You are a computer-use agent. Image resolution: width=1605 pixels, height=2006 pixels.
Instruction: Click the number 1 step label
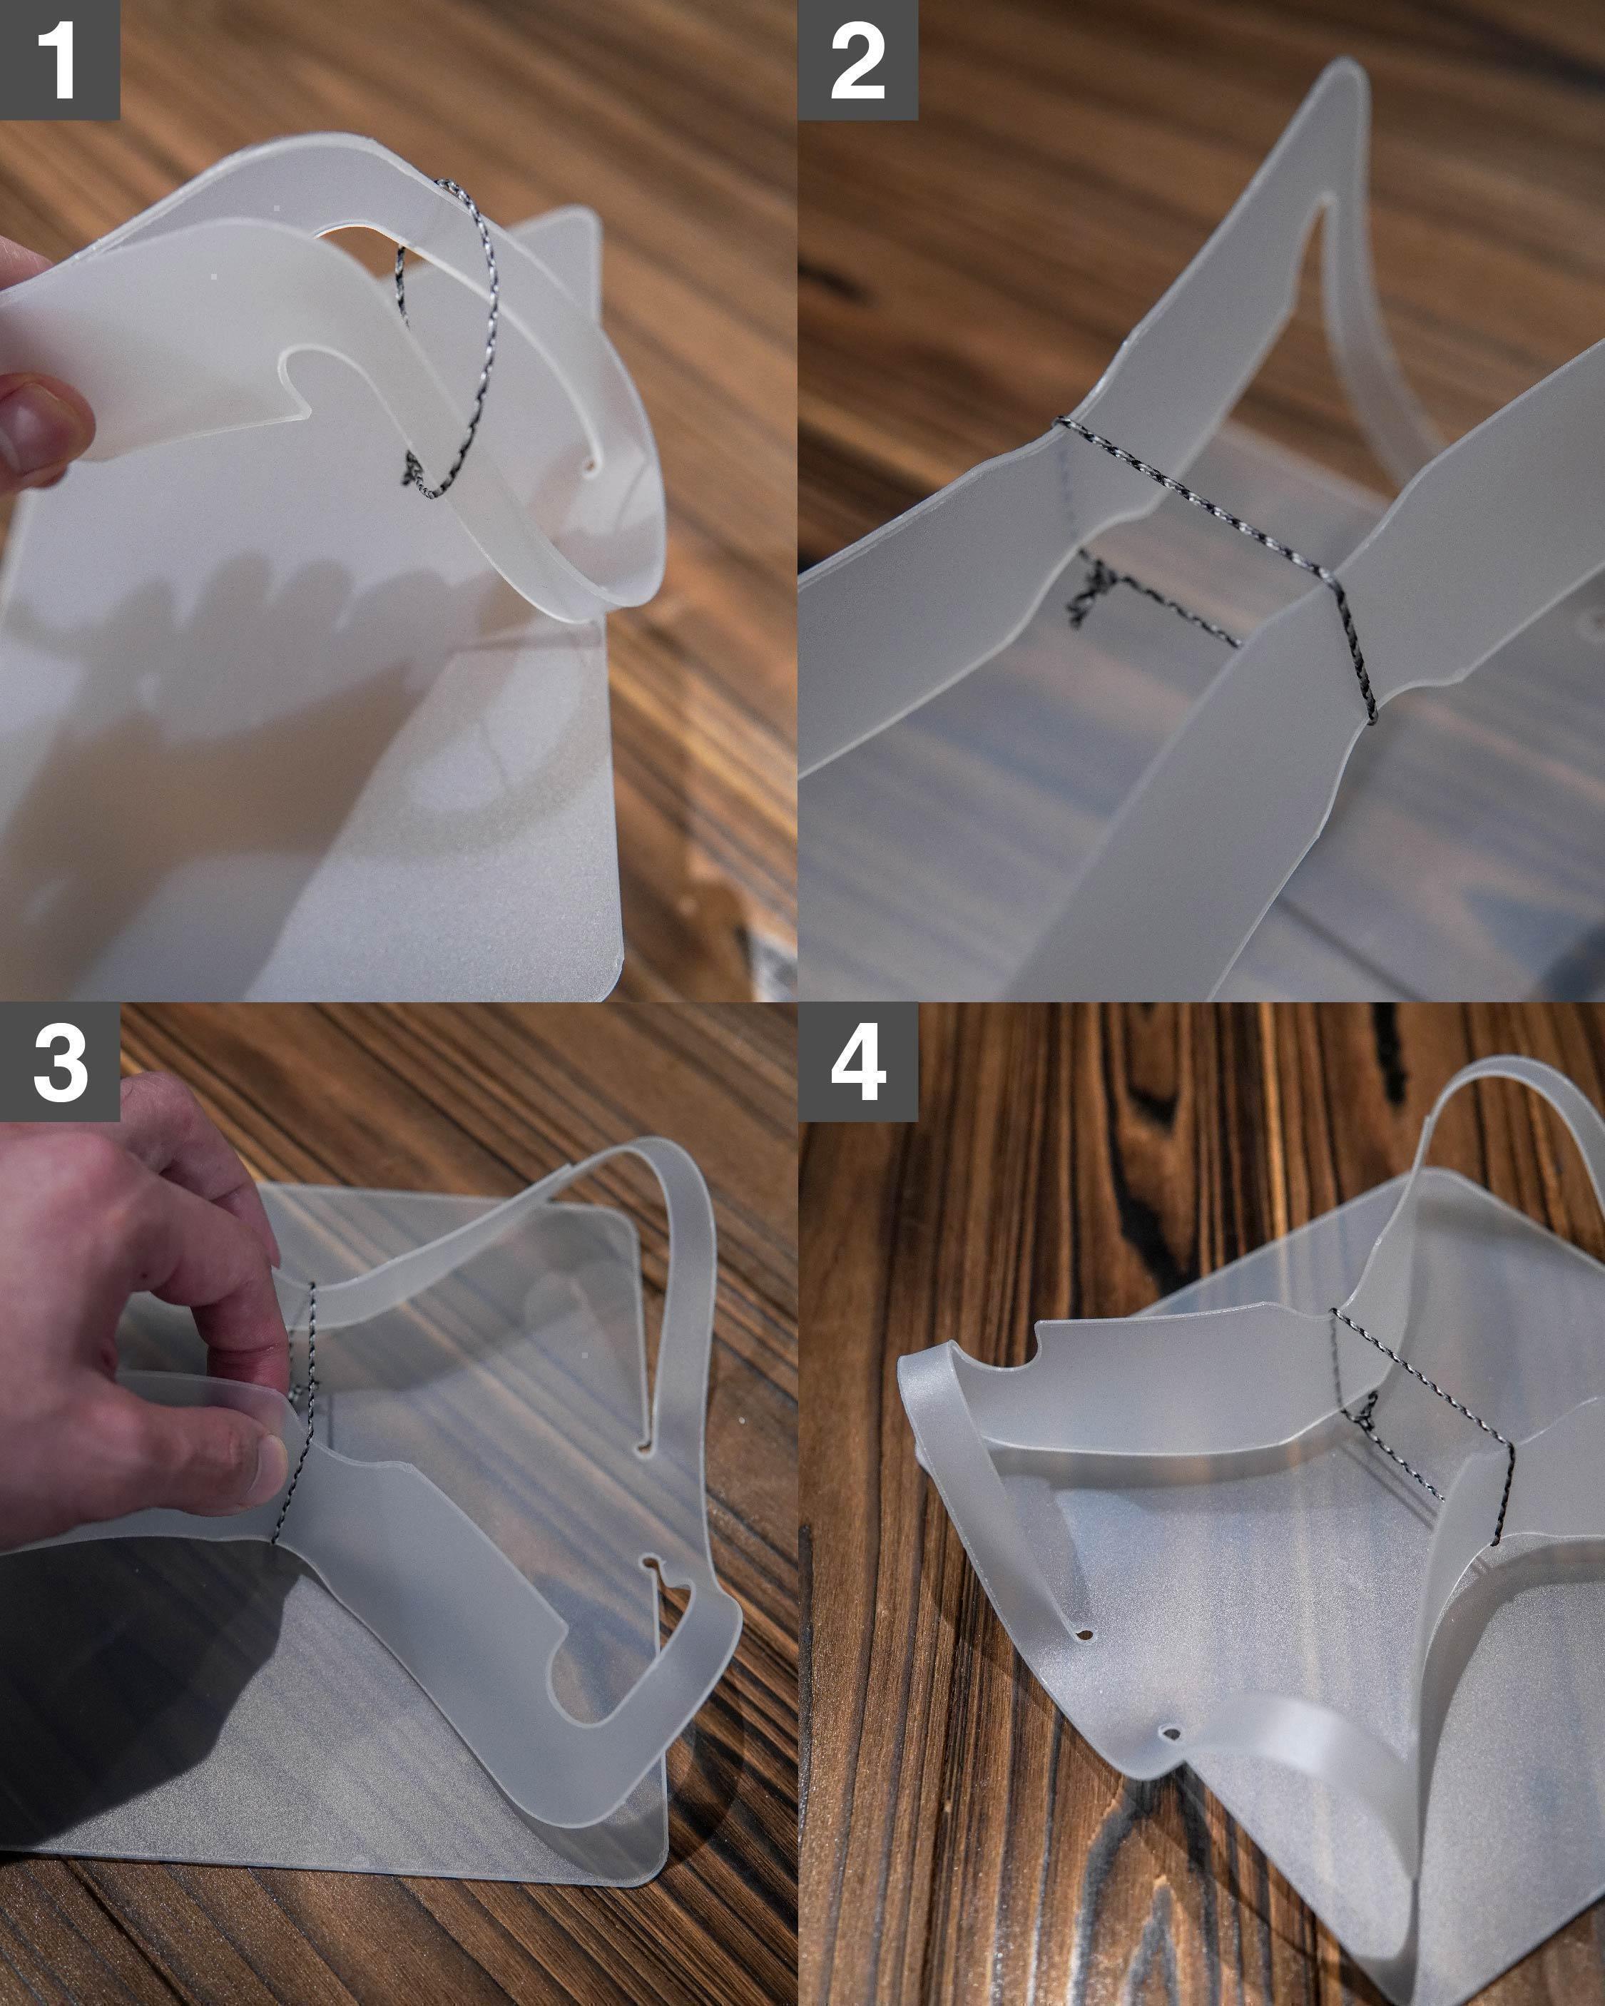click(x=59, y=59)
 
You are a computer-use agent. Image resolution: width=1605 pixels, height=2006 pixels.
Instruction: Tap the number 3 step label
click(x=59, y=1061)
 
